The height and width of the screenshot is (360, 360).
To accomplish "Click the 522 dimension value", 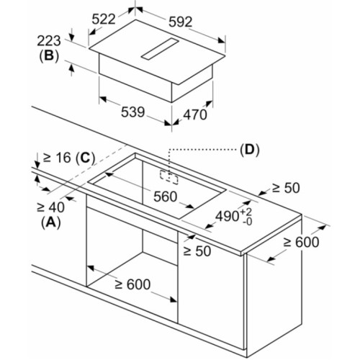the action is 104,19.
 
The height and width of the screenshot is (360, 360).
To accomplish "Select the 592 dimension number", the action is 181,22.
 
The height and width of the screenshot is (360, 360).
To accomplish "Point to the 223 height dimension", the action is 49,41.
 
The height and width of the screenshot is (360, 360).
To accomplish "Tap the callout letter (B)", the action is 49,57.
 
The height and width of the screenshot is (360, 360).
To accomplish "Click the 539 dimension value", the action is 133,112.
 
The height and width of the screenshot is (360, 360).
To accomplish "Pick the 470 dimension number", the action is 195,114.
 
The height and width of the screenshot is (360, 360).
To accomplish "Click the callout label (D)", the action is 250,150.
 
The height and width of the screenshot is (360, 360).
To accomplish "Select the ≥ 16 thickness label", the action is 57,158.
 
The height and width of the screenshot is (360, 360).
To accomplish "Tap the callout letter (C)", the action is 85,158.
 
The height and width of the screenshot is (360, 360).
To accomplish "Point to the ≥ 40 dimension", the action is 50,207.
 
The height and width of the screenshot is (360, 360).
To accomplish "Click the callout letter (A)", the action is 50,223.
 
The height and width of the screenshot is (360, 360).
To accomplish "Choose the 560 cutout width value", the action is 166,197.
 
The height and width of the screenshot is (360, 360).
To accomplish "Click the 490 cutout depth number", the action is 227,216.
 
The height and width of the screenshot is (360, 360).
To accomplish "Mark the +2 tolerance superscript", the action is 246,212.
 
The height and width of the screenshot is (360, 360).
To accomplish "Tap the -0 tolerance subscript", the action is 248,222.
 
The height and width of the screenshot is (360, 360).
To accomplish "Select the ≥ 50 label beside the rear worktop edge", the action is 286,188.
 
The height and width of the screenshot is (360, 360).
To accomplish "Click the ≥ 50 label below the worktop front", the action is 197,251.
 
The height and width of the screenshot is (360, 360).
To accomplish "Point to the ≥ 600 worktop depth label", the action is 301,242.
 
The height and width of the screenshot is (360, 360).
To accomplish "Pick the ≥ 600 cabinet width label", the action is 132,284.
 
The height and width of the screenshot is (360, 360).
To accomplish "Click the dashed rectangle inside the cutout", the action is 169,177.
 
